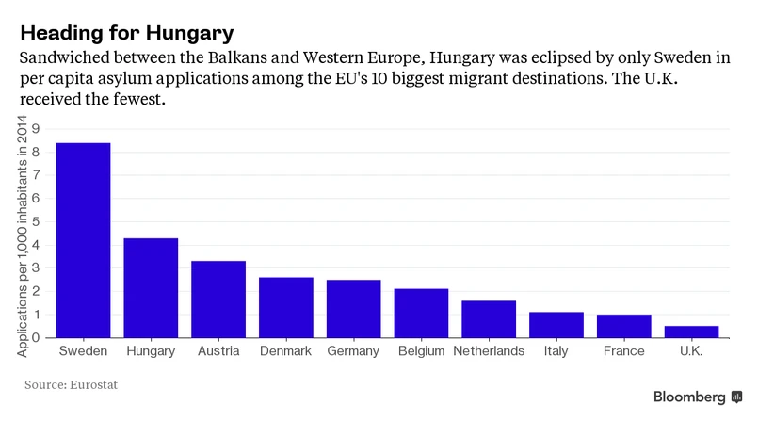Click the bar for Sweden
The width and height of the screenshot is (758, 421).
click(83, 240)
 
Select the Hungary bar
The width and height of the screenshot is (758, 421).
click(151, 287)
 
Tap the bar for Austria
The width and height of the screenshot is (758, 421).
click(218, 299)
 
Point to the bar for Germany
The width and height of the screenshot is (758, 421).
click(353, 308)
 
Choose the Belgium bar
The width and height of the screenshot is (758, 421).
click(421, 313)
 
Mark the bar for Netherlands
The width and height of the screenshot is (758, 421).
click(489, 318)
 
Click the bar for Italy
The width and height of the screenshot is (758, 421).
click(556, 324)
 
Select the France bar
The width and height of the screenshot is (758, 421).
click(623, 326)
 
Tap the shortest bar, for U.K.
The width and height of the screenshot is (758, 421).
click(691, 332)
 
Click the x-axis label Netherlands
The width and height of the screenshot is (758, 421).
click(489, 351)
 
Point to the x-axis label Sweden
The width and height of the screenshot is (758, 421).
click(83, 351)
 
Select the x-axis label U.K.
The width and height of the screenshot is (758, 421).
click(691, 351)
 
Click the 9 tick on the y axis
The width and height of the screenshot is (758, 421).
click(36, 129)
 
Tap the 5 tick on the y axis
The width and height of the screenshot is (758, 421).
click(36, 221)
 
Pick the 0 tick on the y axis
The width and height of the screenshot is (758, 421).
click(36, 337)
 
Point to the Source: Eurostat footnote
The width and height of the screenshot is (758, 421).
click(72, 385)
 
